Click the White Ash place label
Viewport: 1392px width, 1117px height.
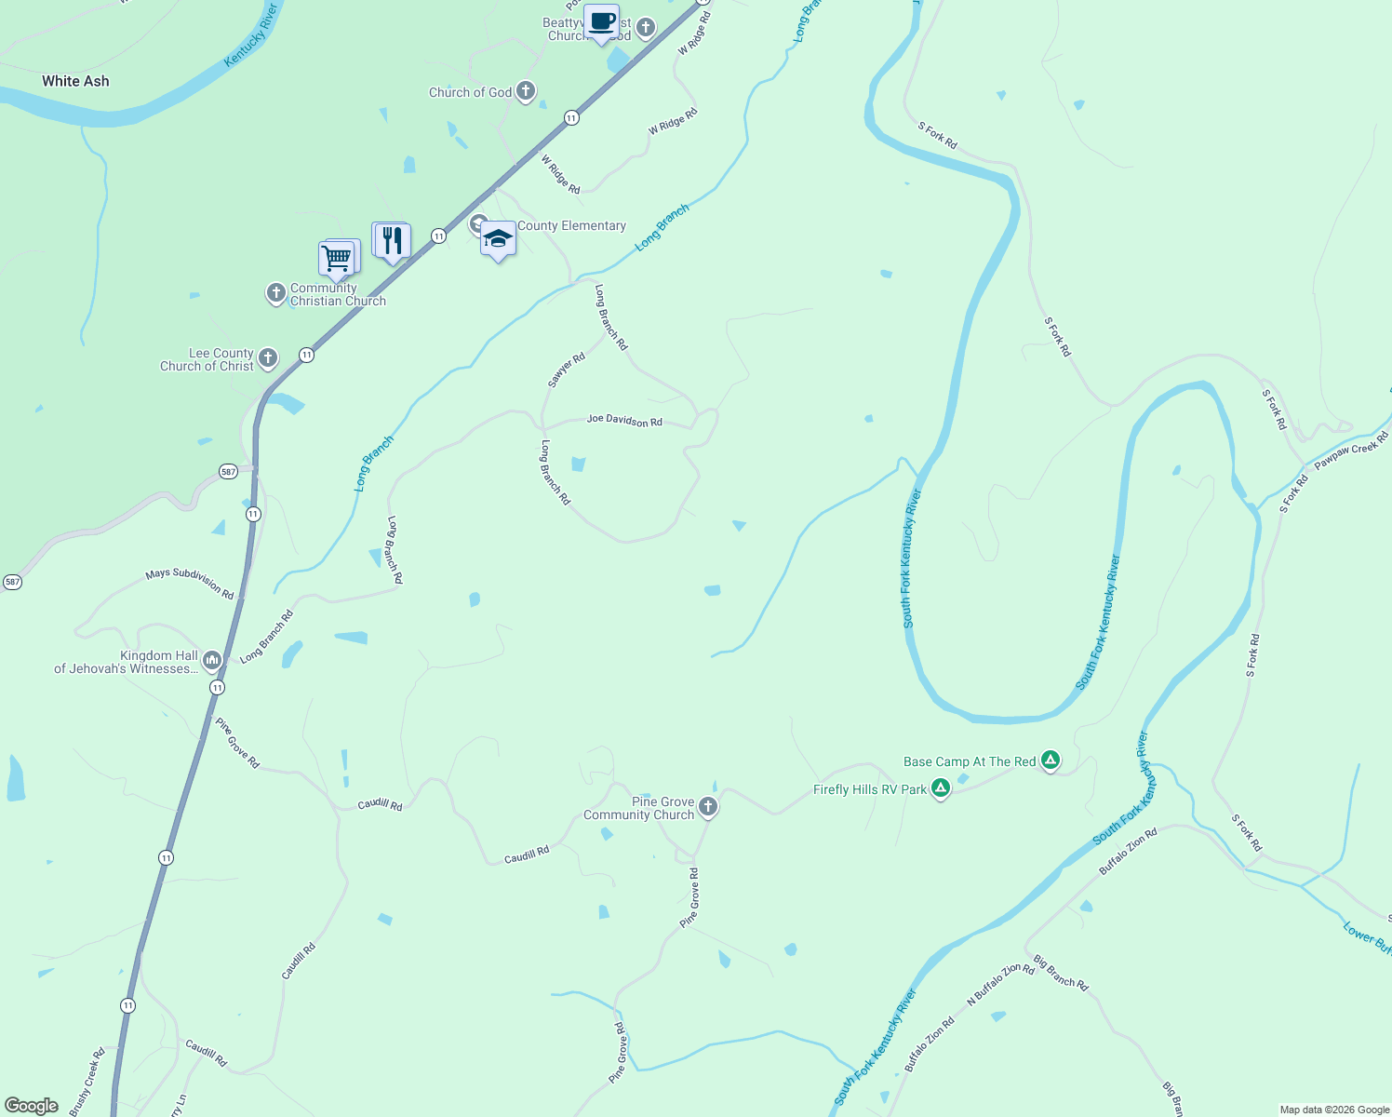click(75, 82)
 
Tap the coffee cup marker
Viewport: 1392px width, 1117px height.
click(602, 21)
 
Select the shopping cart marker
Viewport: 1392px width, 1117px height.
click(337, 257)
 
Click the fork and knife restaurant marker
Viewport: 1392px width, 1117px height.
click(392, 240)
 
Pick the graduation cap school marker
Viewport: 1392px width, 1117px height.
click(498, 238)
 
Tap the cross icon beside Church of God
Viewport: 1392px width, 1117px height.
click(526, 91)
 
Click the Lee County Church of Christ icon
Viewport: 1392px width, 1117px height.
click(268, 358)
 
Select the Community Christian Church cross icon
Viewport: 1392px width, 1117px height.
click(275, 293)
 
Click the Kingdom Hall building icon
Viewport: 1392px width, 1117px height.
click(212, 661)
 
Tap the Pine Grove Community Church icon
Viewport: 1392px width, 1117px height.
click(708, 807)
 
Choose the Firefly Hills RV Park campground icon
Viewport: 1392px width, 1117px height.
click(941, 789)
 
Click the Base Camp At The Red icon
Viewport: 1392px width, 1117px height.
click(1051, 760)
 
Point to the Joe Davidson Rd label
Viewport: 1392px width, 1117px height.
click(624, 421)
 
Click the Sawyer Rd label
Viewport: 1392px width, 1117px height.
click(566, 370)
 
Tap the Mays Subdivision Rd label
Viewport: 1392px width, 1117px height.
click(190, 584)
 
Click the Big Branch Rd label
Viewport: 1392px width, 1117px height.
click(1061, 972)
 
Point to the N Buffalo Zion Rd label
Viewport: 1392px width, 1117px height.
click(1000, 984)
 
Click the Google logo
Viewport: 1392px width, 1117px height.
click(32, 1106)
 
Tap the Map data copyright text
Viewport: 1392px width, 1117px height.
click(1334, 1110)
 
